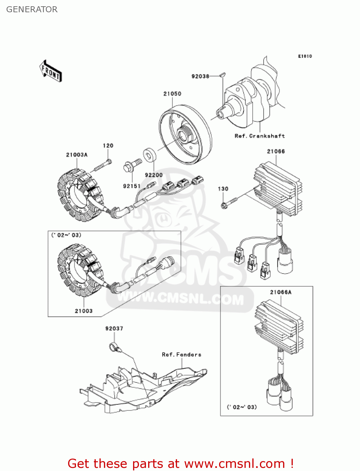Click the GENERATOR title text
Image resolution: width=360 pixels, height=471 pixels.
tap(32, 9)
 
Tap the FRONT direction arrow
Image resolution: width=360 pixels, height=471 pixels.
tap(51, 71)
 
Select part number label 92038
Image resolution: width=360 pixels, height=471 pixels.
tap(200, 76)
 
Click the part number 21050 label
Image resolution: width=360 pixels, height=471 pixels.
tap(172, 94)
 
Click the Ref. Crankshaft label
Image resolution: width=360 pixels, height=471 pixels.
tap(260, 136)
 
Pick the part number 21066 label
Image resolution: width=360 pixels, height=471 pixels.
tap(276, 151)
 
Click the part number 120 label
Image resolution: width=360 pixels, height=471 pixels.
tap(108, 146)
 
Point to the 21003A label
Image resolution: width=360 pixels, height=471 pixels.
tap(77, 155)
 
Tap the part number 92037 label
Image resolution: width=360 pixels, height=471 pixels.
tap(114, 328)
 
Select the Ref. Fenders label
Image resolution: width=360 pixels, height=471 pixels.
tap(181, 355)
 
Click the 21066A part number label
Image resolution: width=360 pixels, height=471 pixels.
tap(281, 292)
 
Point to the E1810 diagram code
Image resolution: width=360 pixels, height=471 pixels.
tap(305, 56)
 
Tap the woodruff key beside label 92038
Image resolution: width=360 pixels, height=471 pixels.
tap(223, 75)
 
